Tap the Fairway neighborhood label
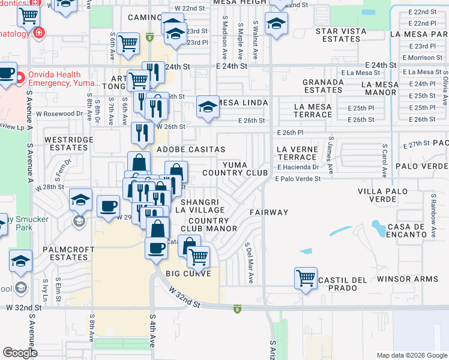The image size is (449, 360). click(x=269, y=212)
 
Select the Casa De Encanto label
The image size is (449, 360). click(x=406, y=230)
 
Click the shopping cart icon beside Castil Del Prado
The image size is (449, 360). click(x=306, y=278)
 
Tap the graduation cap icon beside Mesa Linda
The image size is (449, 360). click(x=208, y=107)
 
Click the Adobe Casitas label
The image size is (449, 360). click(x=191, y=149)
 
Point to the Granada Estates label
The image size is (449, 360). click(x=322, y=86)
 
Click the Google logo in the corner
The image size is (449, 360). click(x=20, y=353)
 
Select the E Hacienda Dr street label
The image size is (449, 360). click(x=297, y=167)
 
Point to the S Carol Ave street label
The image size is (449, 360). click(x=384, y=161)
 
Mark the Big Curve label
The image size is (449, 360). click(x=188, y=274)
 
